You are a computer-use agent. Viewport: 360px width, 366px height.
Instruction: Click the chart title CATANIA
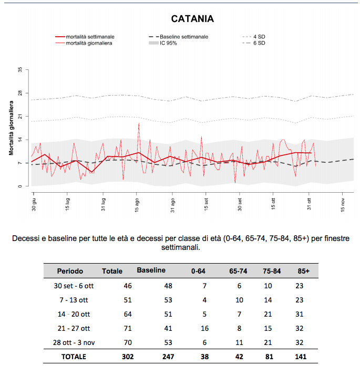pos(192,19)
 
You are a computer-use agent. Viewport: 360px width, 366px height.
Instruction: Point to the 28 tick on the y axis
pos(20,93)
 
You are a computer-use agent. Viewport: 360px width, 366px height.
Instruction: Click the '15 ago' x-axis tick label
pos(137,205)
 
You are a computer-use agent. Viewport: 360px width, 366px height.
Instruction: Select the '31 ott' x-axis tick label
pos(309,204)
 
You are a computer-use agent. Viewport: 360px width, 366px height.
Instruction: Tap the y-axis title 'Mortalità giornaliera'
pos(11,128)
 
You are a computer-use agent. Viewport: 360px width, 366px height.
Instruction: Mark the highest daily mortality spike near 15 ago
pos(139,123)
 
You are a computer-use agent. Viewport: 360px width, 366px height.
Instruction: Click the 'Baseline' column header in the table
pos(151,270)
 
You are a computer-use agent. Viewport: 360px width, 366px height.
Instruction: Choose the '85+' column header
pos(303,271)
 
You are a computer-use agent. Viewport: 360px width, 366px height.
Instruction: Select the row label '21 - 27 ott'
pos(74,328)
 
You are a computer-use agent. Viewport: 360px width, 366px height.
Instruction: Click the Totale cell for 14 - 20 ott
pos(128,314)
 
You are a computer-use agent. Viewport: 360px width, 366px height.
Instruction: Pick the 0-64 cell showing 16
pos(204,328)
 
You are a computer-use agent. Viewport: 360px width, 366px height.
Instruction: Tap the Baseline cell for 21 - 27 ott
pos(168,328)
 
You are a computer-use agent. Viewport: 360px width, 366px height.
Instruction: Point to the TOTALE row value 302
pos(128,357)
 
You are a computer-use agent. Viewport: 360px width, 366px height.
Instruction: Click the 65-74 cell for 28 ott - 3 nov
pos(239,342)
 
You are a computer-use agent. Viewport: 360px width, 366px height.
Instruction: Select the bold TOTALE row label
pos(74,357)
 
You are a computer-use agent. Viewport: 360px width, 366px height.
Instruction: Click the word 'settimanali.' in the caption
pos(181,247)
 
